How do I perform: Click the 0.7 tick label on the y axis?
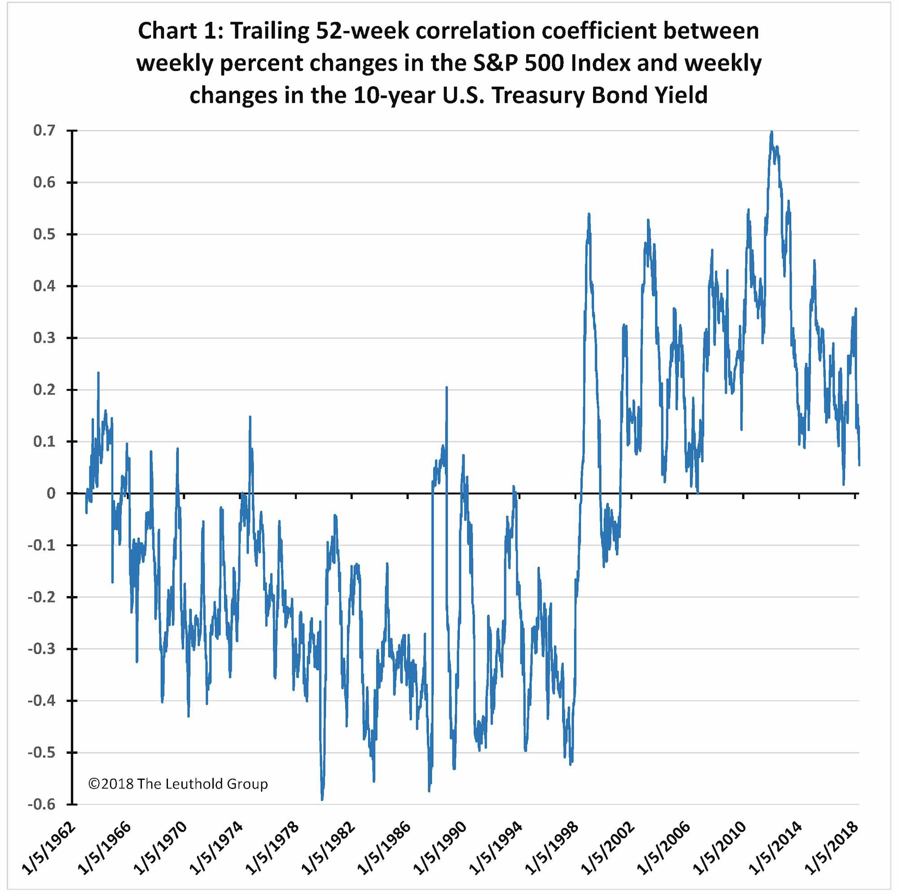44,131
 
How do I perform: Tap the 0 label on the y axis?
51,493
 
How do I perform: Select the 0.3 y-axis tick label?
44,338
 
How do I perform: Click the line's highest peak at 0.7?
771,132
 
